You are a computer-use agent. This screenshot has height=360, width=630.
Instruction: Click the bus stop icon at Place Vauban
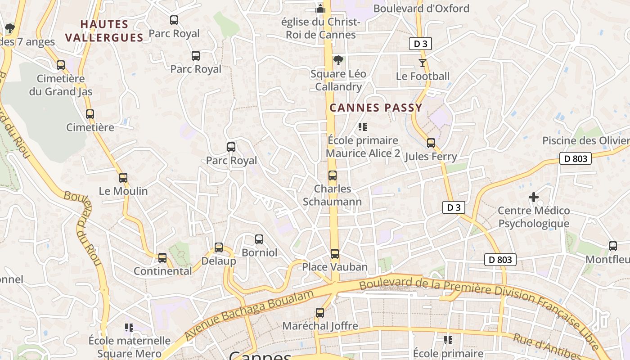click(334, 254)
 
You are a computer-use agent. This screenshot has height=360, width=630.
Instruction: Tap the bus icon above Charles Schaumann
click(332, 175)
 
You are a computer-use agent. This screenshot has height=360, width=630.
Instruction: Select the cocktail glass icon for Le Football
click(422, 63)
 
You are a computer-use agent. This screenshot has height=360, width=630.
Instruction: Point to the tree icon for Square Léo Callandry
click(338, 60)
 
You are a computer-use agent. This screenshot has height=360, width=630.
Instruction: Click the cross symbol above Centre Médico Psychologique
click(533, 197)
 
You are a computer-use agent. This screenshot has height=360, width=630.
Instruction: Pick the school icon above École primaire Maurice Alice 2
click(362, 127)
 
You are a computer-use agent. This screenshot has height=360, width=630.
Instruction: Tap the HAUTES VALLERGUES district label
click(104, 31)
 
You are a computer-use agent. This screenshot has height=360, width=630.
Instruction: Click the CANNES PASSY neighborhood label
click(376, 108)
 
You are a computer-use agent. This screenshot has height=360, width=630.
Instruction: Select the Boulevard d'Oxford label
click(421, 9)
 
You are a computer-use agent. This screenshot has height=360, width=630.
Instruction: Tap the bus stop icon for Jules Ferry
click(431, 143)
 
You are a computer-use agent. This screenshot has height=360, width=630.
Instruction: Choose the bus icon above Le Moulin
click(123, 178)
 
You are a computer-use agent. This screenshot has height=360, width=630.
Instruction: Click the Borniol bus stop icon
click(259, 239)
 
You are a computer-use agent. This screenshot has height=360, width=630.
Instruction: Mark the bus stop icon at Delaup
click(219, 247)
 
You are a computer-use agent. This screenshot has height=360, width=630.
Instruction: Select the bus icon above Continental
click(162, 258)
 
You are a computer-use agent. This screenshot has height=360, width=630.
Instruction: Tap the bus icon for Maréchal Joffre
click(320, 312)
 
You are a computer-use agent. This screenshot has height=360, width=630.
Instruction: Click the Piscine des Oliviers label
click(585, 140)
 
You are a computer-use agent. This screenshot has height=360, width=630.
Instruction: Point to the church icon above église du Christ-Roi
click(320, 8)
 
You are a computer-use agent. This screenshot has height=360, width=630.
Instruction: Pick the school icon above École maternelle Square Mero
click(129, 327)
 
